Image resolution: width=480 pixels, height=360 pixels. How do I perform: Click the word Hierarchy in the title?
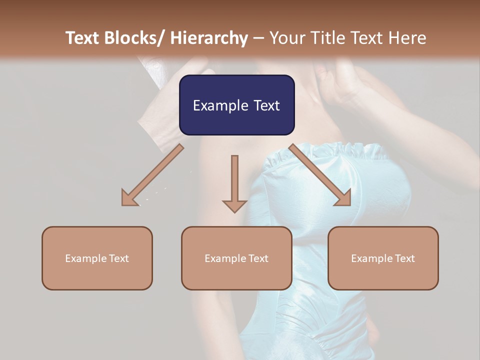coord(209,38)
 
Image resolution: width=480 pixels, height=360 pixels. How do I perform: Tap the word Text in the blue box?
coord(266,105)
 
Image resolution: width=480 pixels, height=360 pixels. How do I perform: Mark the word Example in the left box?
coord(86,258)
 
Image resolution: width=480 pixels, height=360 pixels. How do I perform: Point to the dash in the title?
coord(258,38)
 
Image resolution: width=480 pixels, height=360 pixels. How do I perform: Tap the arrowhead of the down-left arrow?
coord(129,199)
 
